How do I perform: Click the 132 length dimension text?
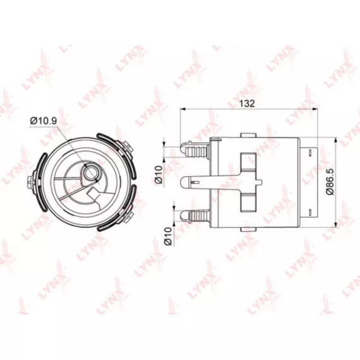[x=247, y=104]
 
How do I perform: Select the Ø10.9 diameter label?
[x=43, y=121]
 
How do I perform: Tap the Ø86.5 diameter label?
[x=330, y=182]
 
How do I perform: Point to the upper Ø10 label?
[x=159, y=174]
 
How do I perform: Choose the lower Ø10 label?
[x=168, y=236]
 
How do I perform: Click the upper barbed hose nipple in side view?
[x=195, y=149]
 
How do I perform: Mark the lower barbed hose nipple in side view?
[x=195, y=216]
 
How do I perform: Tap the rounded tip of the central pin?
[x=184, y=183]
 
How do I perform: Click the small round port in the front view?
[x=90, y=172]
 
